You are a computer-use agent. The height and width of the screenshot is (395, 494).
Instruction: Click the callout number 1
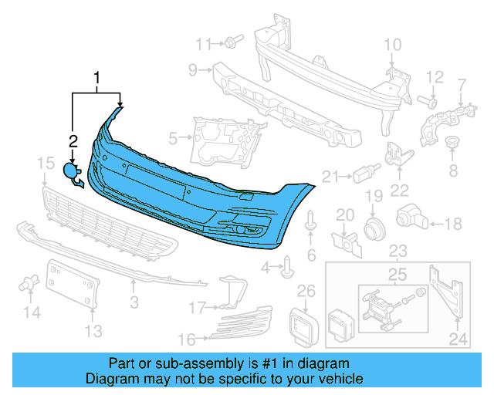point(97,78)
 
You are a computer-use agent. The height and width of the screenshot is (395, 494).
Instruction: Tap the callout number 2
point(73,140)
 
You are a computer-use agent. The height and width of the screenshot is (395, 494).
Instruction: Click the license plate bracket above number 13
point(76,283)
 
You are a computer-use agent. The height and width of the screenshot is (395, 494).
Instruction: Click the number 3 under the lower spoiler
point(134,301)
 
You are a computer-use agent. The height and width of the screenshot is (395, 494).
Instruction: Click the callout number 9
point(193,70)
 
